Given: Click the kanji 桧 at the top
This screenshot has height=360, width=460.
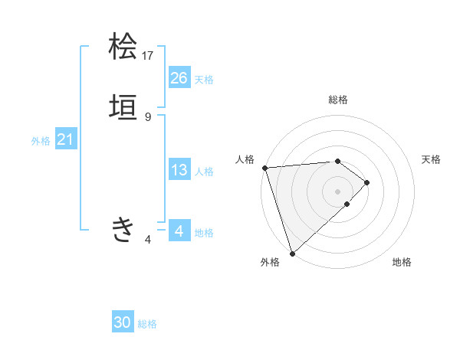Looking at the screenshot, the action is pos(123,47).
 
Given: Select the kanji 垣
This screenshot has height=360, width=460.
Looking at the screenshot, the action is pos(123,109).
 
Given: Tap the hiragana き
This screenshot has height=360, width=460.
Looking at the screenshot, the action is pos(123,229).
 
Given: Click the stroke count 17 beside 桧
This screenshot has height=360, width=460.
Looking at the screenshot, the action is pos(148,55).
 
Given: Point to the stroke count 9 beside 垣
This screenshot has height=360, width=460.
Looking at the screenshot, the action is pos(148,116).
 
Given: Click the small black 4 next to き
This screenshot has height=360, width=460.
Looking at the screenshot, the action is pos(148,240).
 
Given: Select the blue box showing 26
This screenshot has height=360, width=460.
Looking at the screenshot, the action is pos(179,77).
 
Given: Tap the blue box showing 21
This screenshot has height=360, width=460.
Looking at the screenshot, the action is pos(65,139).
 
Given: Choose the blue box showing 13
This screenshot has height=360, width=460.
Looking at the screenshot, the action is pos(179,170).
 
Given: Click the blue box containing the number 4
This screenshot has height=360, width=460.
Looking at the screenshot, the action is pos(179,231).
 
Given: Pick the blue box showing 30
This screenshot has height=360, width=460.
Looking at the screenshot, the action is pos(123,322).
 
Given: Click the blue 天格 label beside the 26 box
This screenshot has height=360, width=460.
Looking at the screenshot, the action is pos(204,79).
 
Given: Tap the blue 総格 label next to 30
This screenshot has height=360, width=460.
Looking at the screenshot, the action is pos(147,324).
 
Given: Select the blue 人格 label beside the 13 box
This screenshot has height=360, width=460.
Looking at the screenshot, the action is pos(204,172).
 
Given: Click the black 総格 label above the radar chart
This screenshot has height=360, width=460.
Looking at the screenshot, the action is pos(338,100).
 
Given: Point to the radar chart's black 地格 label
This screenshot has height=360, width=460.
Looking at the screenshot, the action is pos(402,262).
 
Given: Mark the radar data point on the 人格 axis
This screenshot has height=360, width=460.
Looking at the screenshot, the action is pos(264,167).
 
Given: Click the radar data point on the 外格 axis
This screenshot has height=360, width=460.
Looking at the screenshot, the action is pos(292,253).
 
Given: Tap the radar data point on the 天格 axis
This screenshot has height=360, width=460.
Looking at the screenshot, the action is pos(367,182).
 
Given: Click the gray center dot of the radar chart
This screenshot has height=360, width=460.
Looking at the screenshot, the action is pos(337,191).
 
